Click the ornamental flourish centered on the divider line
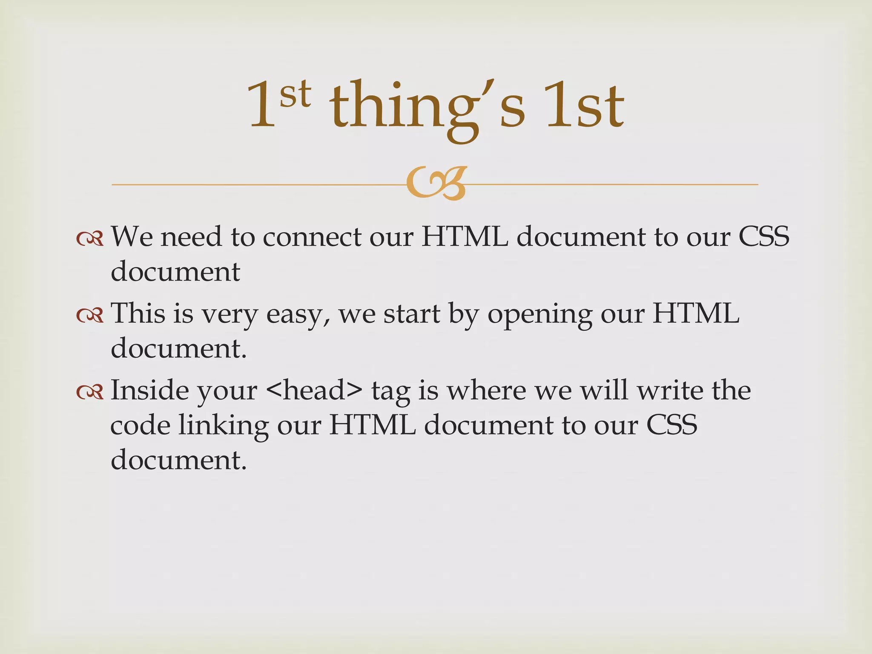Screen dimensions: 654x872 tap(436, 184)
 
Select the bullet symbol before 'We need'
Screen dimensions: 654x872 tap(90, 239)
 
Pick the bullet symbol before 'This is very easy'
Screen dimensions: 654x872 tap(90, 316)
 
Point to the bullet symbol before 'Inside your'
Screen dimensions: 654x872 tap(90, 392)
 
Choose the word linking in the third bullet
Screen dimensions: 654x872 tap(223, 426)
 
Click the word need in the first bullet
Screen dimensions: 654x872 tap(191, 237)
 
